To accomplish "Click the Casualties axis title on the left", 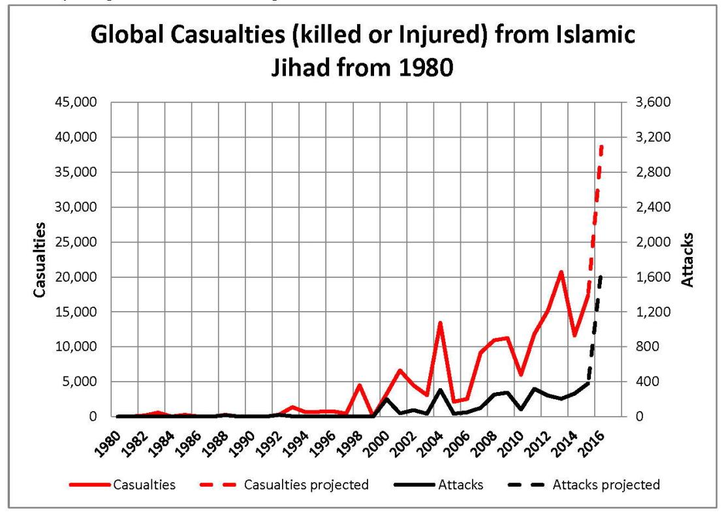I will point(40,260).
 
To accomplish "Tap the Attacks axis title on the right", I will point(687,260).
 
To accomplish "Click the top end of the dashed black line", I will point(601,277).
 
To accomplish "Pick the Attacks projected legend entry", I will point(606,485).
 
